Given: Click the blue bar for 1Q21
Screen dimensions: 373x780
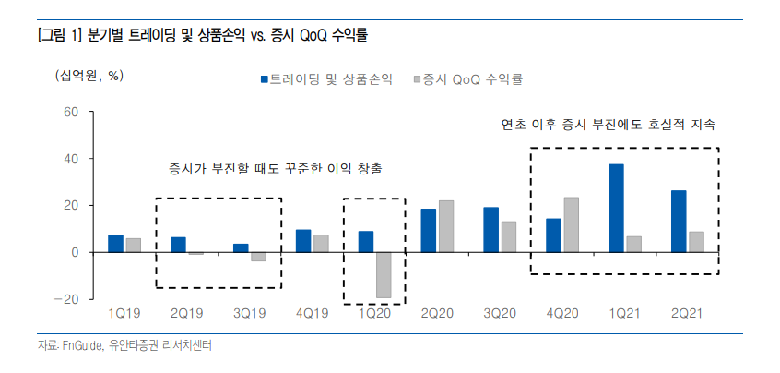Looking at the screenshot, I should pos(616,208).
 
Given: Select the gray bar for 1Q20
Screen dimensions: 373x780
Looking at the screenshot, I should pos(384,274).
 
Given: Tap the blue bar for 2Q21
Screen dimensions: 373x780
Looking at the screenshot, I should pos(679,221).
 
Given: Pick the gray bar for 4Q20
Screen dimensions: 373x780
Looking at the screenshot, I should pos(572,224).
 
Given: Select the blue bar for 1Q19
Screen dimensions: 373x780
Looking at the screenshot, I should pos(115,243).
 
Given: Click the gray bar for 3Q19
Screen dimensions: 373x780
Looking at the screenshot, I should pos(258,257).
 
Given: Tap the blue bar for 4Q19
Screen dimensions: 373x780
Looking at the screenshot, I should pos(303,240).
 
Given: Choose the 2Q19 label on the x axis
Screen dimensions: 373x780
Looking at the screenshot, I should pos(186,316).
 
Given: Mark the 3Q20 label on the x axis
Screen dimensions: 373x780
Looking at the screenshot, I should pos(499,316).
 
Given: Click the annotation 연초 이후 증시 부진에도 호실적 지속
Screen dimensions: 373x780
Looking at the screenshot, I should pos(609,124).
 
